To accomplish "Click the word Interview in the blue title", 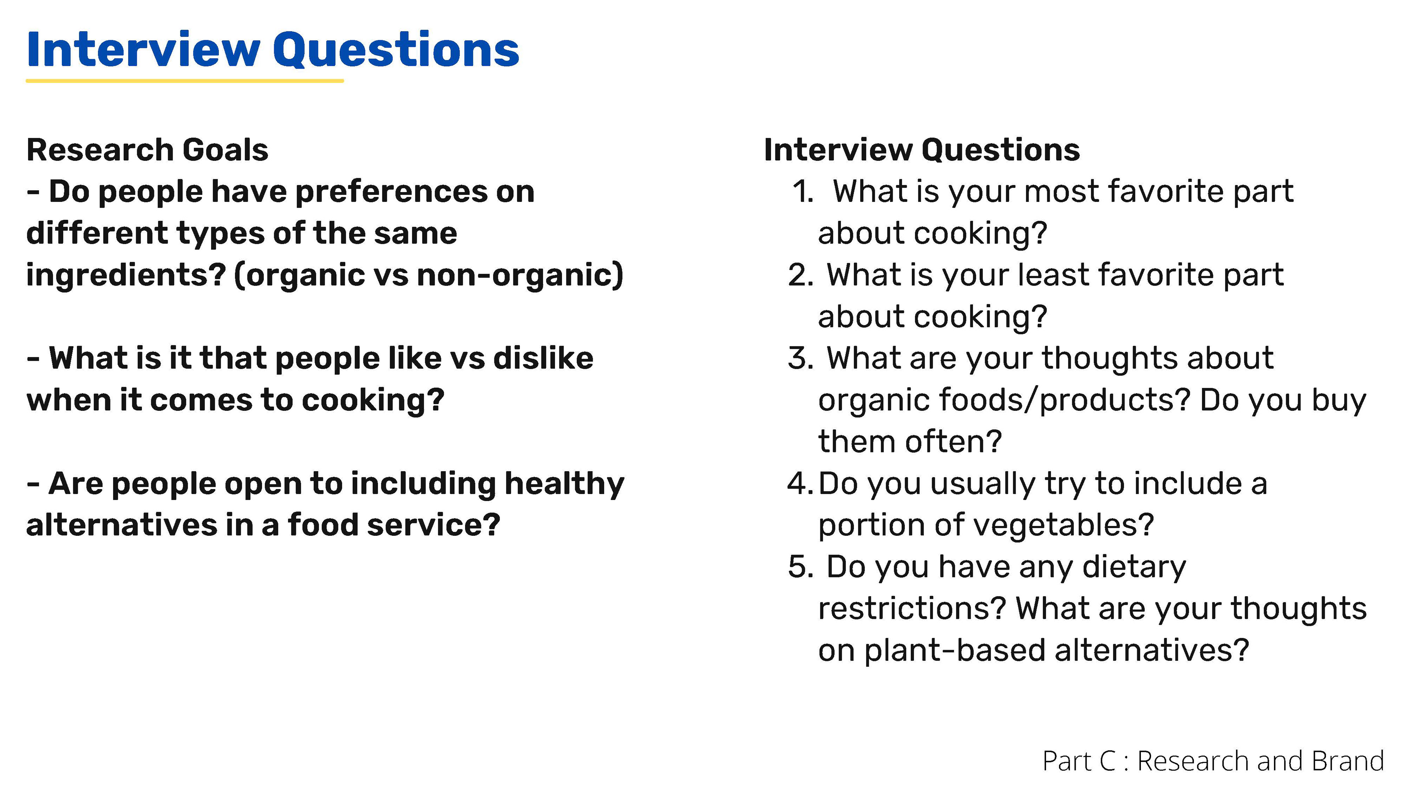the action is coord(143,50).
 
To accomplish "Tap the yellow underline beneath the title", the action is coord(185,81).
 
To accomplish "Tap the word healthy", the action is coord(565,484).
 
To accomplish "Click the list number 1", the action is coord(803,192).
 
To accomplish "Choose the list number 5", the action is coord(801,567).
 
